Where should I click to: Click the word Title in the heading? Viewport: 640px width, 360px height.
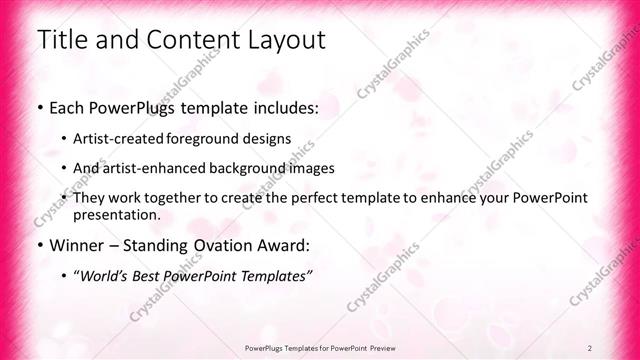(60, 40)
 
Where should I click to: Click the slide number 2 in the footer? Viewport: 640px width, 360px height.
(590, 348)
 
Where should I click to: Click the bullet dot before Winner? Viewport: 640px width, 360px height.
(39, 245)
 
